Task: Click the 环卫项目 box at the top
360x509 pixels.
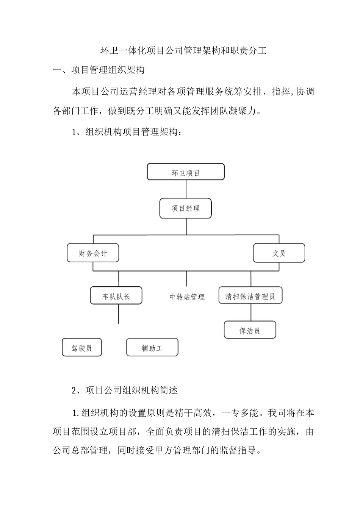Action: click(186, 172)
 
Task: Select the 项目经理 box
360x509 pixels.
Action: click(186, 208)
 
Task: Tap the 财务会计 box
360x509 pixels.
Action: click(93, 253)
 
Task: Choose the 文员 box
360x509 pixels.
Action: click(279, 253)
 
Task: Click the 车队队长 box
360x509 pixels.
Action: click(116, 296)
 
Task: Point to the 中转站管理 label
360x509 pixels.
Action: click(187, 297)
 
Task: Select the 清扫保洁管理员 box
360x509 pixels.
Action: click(250, 296)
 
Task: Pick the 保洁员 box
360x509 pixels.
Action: click(250, 330)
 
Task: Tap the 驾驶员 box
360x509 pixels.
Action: click(82, 347)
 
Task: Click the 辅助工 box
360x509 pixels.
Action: click(152, 347)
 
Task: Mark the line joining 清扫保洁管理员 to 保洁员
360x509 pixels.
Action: click(250, 312)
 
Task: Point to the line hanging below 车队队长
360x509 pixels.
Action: click(119, 314)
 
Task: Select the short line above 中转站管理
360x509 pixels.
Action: click(186, 279)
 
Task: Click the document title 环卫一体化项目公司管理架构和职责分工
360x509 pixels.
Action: click(183, 51)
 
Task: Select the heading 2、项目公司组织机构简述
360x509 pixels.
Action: click(125, 390)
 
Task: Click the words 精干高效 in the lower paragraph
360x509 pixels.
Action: click(197, 412)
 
